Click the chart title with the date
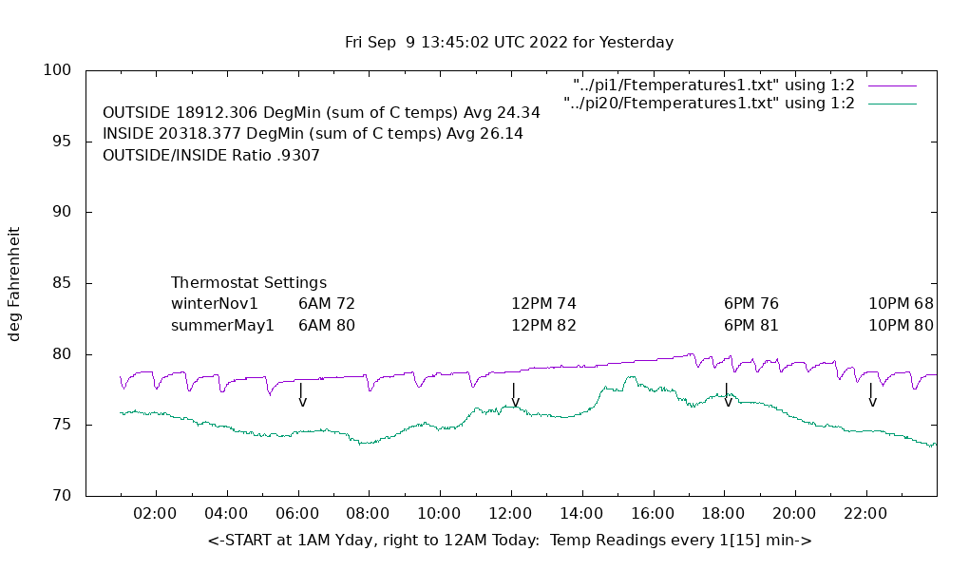point(509,43)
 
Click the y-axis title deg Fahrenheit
point(14,283)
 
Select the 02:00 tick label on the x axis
point(156,514)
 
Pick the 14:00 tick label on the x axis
point(581,514)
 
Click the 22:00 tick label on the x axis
point(865,514)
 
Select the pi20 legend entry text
point(709,104)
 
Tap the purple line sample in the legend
point(892,85)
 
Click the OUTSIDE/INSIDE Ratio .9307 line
point(211,155)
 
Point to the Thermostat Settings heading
point(249,283)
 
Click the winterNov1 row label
point(215,304)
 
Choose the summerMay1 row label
point(222,325)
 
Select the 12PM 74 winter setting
point(543,304)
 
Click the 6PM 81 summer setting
point(750,325)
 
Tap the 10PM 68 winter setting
point(901,304)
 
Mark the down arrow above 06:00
point(302,395)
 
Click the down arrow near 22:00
point(871,395)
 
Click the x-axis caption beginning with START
point(509,541)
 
